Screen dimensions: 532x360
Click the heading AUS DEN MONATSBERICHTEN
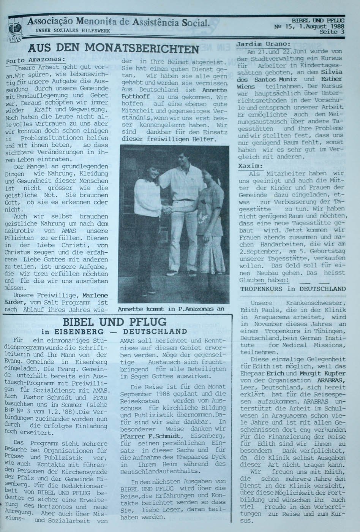pos(113,49)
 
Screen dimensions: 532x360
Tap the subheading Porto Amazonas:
pos(35,60)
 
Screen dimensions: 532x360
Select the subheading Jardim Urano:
pos(263,44)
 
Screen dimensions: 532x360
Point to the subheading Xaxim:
pos(251,166)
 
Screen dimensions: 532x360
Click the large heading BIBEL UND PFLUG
pos(114,322)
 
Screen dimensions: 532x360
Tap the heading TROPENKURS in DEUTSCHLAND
pos(293,289)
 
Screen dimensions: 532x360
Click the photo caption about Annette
pos(171,309)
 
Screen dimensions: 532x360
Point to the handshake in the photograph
pos(167,209)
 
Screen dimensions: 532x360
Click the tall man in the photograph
pos(183,201)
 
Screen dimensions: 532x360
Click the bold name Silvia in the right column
pos(331,72)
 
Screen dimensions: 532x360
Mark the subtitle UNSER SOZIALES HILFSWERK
pos(73,30)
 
